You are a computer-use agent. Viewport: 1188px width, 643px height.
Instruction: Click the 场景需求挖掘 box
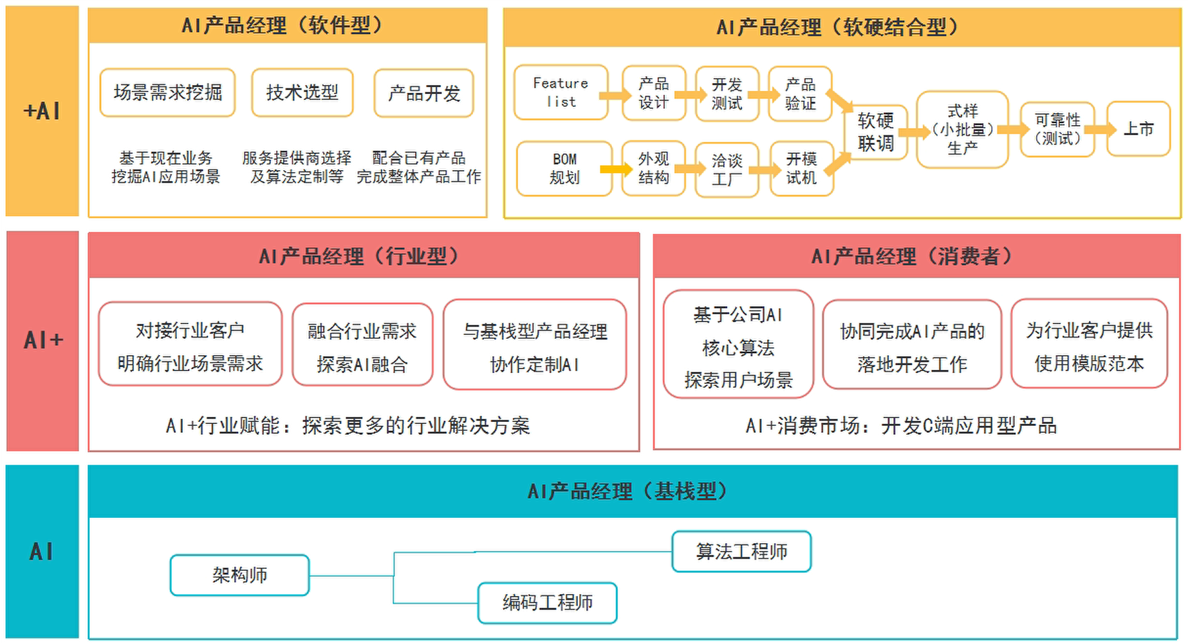(167, 93)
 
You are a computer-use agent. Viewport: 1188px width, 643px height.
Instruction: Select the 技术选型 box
(302, 93)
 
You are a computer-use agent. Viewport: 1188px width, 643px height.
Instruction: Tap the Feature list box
(560, 93)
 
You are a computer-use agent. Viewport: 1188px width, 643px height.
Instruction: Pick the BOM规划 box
(564, 169)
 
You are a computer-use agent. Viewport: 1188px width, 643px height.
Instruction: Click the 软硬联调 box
(875, 132)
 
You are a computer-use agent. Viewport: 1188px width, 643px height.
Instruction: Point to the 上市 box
(1138, 129)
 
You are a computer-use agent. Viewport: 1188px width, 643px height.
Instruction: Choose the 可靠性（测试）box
(1057, 130)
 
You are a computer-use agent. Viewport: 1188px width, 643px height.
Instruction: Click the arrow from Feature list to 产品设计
(615, 96)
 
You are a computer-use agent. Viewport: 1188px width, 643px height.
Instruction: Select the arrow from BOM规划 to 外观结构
(616, 169)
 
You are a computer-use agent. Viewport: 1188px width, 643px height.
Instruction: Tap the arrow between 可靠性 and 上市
(1100, 130)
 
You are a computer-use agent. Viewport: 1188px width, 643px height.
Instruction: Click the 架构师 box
(239, 575)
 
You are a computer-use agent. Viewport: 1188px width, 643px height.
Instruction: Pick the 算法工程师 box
(741, 552)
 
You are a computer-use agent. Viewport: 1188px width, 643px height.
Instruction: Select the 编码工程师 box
(547, 602)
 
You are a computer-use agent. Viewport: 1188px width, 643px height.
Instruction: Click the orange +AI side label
(42, 111)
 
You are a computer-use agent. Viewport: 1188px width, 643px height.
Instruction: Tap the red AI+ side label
(42, 340)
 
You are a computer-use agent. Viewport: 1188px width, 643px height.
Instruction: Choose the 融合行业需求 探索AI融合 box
(362, 346)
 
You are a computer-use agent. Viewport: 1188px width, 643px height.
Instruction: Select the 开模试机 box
(801, 169)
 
